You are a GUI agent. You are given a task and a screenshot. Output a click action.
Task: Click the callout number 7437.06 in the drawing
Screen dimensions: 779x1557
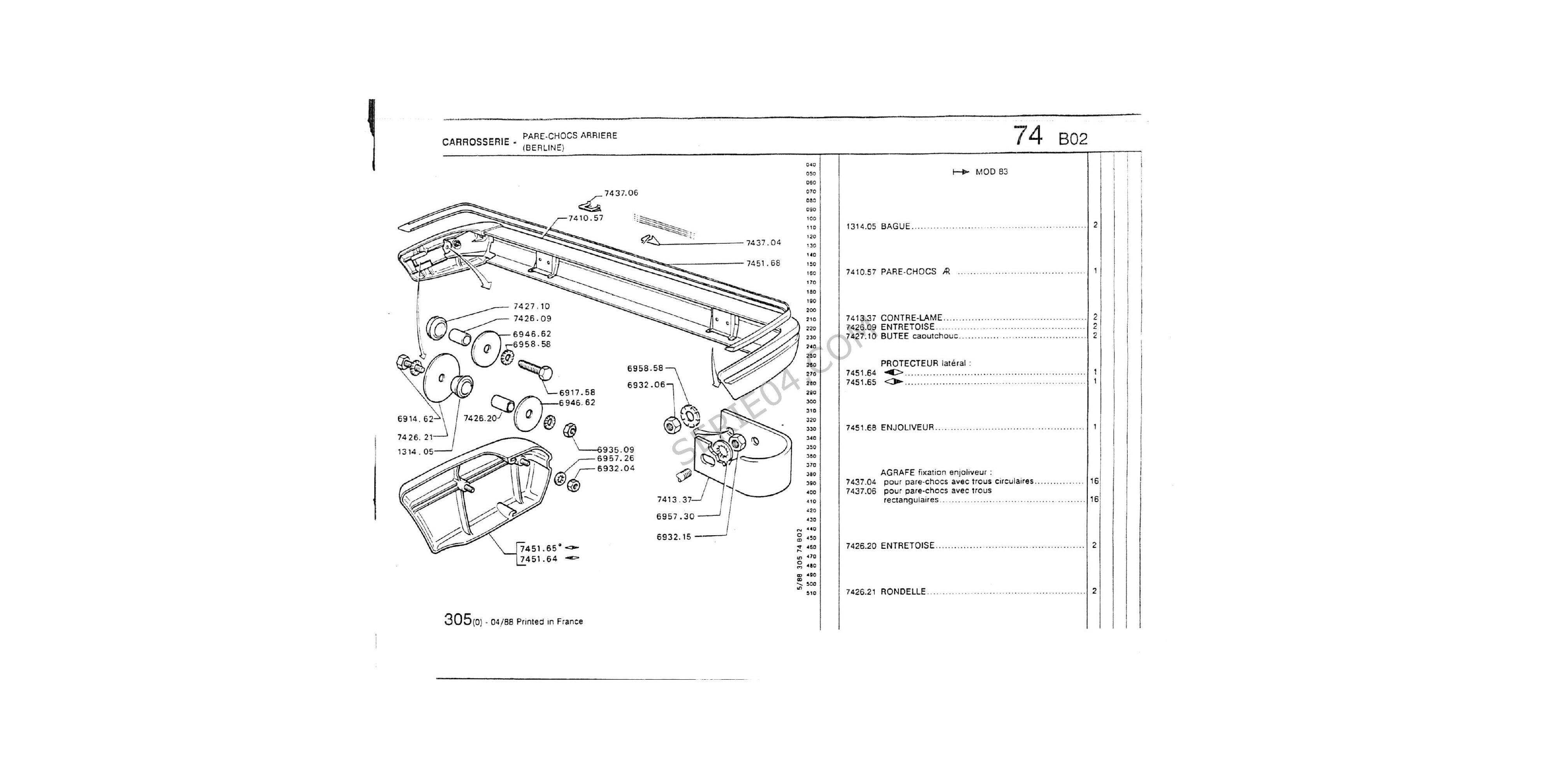coord(621,193)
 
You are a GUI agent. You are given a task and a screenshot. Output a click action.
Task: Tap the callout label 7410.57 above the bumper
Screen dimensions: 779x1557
coord(586,218)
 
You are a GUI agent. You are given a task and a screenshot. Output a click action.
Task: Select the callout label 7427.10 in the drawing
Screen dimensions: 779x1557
coord(531,307)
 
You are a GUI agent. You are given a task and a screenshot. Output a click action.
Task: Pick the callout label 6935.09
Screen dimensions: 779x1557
coord(615,450)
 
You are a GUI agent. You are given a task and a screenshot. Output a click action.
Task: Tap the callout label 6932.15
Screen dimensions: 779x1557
coord(673,536)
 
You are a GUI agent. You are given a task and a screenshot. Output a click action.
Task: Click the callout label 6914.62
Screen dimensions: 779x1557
coord(415,419)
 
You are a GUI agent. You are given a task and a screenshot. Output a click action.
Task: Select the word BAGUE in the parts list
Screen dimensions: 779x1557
coord(895,227)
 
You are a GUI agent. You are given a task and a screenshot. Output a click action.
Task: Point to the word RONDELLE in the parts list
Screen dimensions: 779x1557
coord(903,592)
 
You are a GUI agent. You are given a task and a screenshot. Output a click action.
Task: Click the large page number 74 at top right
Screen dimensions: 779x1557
coord(1028,136)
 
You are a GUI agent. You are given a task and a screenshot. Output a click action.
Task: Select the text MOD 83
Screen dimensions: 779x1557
coord(991,172)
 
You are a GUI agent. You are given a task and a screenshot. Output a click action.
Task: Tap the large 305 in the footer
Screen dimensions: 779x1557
coord(457,620)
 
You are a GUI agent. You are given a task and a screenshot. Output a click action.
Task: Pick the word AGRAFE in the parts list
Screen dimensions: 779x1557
coord(898,472)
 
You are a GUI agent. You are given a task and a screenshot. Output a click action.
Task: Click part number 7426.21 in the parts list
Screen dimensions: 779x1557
coord(860,592)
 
